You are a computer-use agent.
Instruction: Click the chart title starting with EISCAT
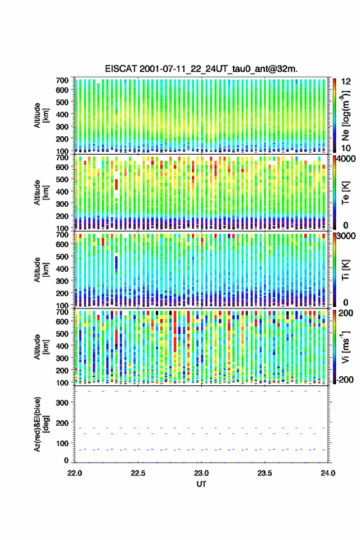coord(201,69)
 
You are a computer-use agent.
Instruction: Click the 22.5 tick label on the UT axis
coord(138,473)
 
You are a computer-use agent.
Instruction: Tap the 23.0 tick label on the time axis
coord(201,473)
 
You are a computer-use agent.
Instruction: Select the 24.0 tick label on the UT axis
coord(328,473)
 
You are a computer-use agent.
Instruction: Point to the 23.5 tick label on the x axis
coord(265,473)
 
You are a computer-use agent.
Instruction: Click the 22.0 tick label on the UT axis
coord(75,473)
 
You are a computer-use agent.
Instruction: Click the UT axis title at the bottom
coord(201,484)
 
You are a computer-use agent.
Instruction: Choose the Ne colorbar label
coord(346,115)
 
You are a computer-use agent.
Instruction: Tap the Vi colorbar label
coord(346,347)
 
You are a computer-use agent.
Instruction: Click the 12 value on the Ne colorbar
coord(347,81)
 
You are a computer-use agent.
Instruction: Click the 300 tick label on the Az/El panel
coord(63,403)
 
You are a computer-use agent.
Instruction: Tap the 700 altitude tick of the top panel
coord(63,80)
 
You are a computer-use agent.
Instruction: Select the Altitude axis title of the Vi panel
coord(41,347)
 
